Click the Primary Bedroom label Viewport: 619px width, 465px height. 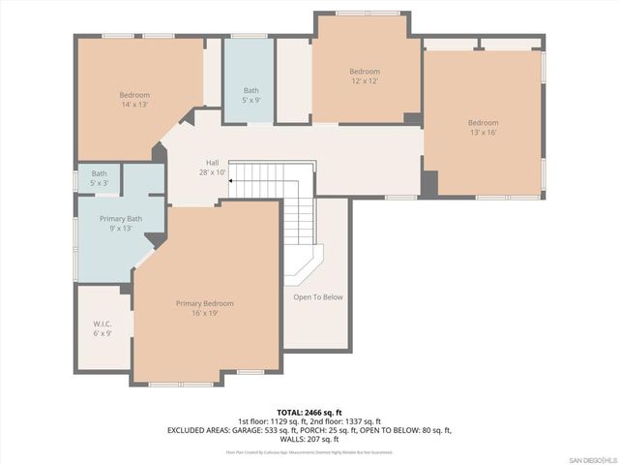click(204, 303)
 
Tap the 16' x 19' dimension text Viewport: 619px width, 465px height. click(204, 314)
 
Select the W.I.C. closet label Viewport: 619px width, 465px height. click(103, 323)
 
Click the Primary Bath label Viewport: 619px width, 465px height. click(121, 219)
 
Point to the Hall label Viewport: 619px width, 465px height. click(212, 163)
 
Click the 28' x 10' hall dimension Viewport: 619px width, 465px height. click(212, 172)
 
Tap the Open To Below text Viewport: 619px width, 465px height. click(317, 296)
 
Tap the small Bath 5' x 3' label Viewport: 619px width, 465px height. click(100, 178)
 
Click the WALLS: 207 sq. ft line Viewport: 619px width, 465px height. click(309, 439)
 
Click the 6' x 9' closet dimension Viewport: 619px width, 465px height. click(103, 333)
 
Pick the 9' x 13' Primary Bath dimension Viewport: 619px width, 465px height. click(121, 230)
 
